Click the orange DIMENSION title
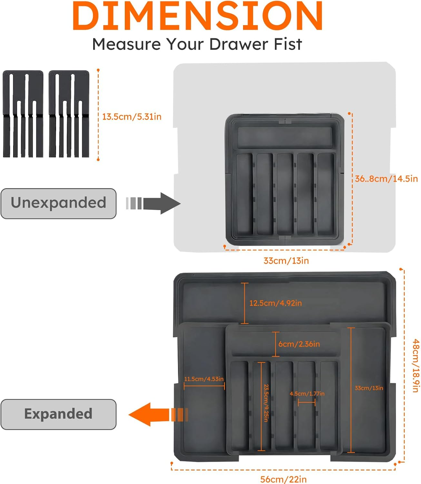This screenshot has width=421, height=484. tap(198, 16)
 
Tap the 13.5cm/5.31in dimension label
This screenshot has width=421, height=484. tap(132, 116)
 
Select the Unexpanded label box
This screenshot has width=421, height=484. tap(58, 203)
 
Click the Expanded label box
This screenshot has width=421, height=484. tap(58, 414)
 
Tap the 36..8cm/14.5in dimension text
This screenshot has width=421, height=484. tap(386, 179)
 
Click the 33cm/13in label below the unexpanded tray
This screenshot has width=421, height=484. tap(286, 261)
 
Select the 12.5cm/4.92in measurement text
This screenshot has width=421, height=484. tap(275, 303)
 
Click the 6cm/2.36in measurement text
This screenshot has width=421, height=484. tap(299, 344)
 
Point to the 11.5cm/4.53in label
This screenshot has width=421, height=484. tap(204, 379)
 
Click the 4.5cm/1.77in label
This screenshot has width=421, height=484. tap(307, 394)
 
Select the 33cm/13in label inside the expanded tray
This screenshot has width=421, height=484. tap(369, 388)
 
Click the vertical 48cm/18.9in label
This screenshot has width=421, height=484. tap(416, 366)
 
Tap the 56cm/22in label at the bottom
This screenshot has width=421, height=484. tap(283, 479)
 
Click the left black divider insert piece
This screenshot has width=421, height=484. tap(23, 114)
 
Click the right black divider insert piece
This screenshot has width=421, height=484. tap(69, 114)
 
